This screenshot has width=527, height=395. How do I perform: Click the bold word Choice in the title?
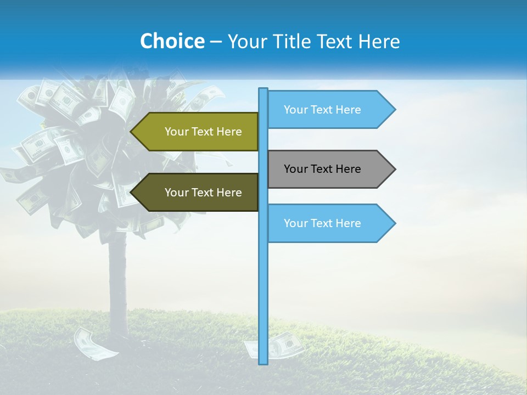(x=172, y=41)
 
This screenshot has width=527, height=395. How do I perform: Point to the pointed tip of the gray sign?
(x=394, y=169)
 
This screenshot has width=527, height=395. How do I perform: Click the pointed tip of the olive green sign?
(x=132, y=132)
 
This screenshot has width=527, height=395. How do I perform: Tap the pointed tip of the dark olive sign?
(x=132, y=193)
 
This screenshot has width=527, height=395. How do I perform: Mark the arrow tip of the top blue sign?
(x=394, y=110)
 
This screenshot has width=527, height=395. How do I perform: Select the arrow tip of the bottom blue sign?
(x=394, y=223)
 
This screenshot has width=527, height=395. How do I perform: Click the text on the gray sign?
(x=322, y=169)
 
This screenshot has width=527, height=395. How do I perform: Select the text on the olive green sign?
(x=203, y=132)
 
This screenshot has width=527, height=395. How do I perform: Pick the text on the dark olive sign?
(x=203, y=193)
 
